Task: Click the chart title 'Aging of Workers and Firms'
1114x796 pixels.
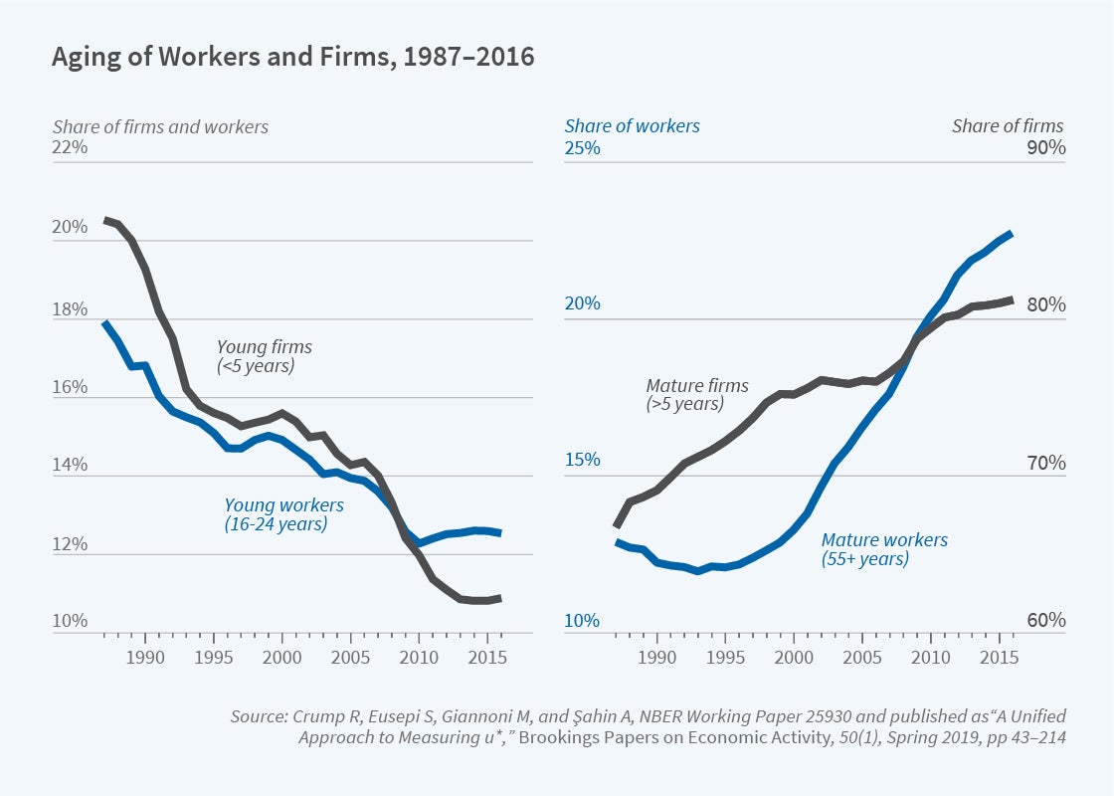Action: point(292,58)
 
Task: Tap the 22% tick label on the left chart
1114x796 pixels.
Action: point(71,147)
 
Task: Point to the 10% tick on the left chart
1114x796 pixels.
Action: point(71,622)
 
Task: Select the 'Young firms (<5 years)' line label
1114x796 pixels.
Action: point(265,356)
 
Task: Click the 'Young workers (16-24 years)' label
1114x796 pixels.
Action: point(284,514)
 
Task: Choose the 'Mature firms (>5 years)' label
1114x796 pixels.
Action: point(697,394)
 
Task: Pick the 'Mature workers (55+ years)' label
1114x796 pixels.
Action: point(884,549)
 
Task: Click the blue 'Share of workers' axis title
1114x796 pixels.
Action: point(632,126)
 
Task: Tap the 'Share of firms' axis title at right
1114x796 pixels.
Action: point(1007,126)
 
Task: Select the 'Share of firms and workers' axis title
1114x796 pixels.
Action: point(160,126)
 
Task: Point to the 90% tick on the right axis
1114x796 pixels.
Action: point(1045,148)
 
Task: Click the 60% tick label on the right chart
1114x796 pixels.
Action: point(1045,621)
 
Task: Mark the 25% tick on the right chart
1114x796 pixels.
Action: point(582,148)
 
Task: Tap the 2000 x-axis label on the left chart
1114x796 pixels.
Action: point(282,658)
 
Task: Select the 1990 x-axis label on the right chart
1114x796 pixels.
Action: point(656,658)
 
